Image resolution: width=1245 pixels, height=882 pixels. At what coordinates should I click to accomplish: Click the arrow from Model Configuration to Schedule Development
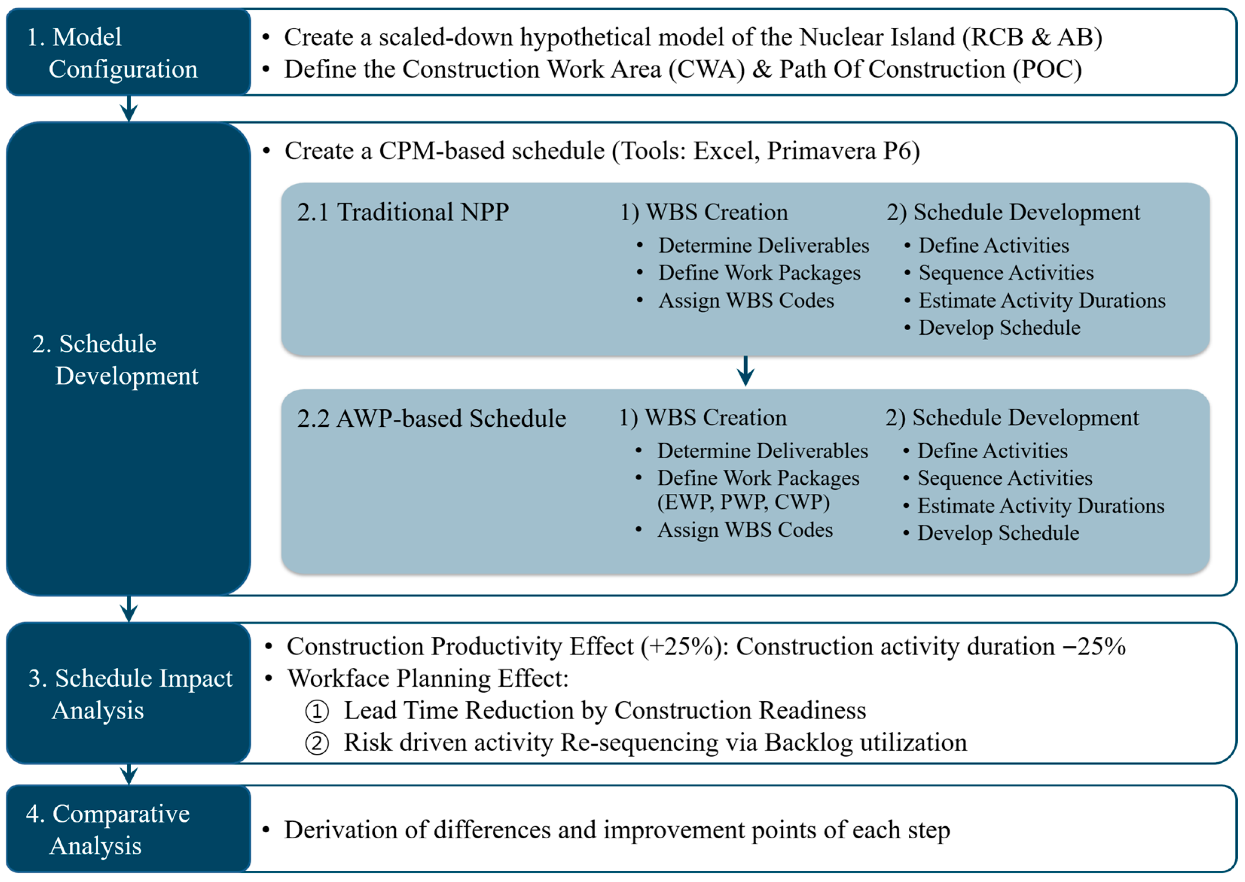click(129, 108)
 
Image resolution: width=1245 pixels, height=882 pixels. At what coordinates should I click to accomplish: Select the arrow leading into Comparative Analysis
click(129, 774)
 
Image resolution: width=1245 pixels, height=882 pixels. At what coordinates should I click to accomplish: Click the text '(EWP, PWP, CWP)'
click(743, 502)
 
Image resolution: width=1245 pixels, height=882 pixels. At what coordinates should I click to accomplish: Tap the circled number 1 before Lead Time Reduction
click(317, 711)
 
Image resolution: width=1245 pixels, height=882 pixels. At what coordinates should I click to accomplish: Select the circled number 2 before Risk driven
click(317, 743)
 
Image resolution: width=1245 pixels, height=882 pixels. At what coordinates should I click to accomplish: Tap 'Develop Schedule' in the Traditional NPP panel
click(999, 328)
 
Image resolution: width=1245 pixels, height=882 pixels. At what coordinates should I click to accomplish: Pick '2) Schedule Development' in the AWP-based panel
click(1012, 418)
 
